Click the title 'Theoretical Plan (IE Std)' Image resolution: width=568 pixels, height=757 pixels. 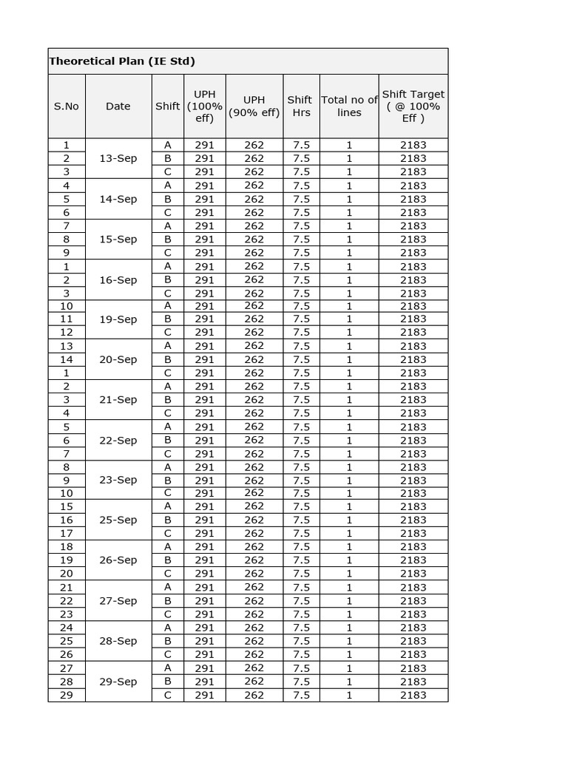[x=122, y=61]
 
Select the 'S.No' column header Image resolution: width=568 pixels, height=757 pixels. [x=67, y=106]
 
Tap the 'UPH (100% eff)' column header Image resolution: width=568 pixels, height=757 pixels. [x=204, y=106]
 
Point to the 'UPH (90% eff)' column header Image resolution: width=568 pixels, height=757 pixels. [x=254, y=106]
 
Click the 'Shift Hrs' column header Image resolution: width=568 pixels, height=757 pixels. [x=300, y=106]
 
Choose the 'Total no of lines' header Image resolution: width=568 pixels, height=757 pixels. [x=349, y=106]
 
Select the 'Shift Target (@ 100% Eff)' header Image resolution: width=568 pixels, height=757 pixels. [x=413, y=106]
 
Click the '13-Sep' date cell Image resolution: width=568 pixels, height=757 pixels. [x=118, y=158]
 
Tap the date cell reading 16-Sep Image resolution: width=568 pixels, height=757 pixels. [x=118, y=279]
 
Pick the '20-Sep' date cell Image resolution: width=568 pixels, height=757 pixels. [x=118, y=359]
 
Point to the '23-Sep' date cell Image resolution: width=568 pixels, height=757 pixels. [x=118, y=480]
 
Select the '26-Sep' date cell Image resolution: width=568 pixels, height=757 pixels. [x=118, y=560]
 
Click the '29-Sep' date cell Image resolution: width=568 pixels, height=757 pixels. [x=118, y=681]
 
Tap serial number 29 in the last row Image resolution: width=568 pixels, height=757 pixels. [x=67, y=695]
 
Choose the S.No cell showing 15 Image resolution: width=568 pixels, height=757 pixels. [x=67, y=506]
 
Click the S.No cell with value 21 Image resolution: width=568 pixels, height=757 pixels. [x=67, y=587]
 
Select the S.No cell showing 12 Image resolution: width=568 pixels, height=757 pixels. [x=67, y=332]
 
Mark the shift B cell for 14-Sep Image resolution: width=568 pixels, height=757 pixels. [x=168, y=199]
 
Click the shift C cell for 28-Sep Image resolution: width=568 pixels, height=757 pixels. [x=168, y=654]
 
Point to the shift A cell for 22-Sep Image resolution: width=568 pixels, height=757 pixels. [x=168, y=427]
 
